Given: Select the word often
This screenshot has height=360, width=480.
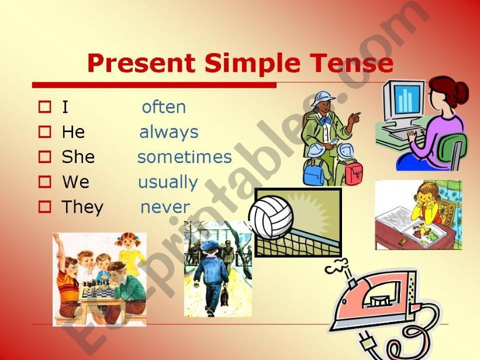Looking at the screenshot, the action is point(164,107).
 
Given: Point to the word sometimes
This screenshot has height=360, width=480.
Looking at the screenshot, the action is point(185,157).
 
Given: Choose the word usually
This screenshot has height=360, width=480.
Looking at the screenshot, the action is point(168,183).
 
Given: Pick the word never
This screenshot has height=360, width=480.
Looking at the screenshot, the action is point(165,207).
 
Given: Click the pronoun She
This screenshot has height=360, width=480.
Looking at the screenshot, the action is point(78,157).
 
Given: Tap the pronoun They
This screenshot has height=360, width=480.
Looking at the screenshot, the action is point(82,207).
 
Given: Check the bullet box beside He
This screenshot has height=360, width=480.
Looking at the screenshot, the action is point(44,132).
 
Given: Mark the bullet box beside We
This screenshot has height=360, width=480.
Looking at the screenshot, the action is point(44,182).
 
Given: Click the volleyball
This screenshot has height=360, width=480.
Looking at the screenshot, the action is point(271,217).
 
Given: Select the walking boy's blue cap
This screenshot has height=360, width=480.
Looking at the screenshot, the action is point(209,245).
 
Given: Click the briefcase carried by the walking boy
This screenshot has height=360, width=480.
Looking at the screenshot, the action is point(224,296).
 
